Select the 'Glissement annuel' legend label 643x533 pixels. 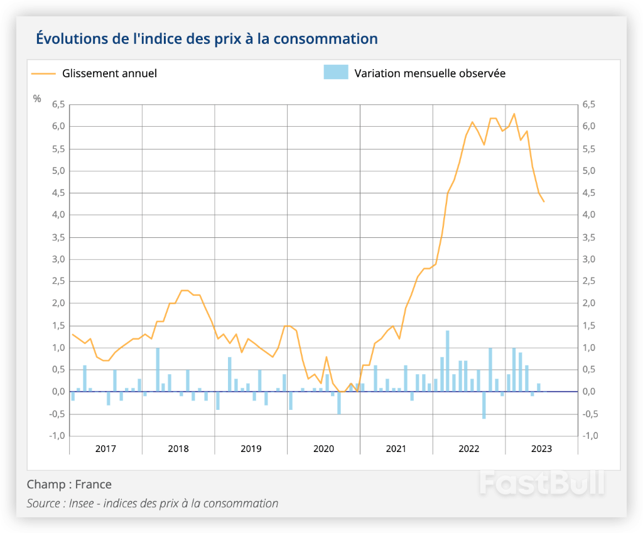pyautogui.click(x=109, y=73)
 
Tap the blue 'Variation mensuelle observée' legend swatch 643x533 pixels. pyautogui.click(x=336, y=72)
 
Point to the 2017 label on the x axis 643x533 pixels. pyautogui.click(x=105, y=448)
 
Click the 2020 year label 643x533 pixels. pyautogui.click(x=323, y=448)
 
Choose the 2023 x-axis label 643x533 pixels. pyautogui.click(x=541, y=448)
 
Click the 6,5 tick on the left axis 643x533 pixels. pyautogui.click(x=58, y=105)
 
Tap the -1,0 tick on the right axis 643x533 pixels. pyautogui.click(x=590, y=436)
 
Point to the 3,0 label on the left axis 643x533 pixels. pyautogui.click(x=58, y=259)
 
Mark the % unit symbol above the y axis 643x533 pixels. pyautogui.click(x=37, y=99)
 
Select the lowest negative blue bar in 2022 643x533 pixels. pyautogui.click(x=484, y=405)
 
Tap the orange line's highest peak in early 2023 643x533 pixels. pyautogui.click(x=514, y=114)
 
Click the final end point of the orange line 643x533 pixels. pyautogui.click(x=544, y=202)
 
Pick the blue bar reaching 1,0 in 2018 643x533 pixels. pyautogui.click(x=158, y=370)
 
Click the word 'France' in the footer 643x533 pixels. pyautogui.click(x=93, y=484)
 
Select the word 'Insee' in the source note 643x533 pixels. pyautogui.click(x=81, y=503)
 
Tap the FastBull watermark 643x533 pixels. pyautogui.click(x=542, y=483)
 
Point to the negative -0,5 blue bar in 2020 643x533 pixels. pyautogui.click(x=339, y=402)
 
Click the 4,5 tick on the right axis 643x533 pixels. pyautogui.click(x=589, y=193)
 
